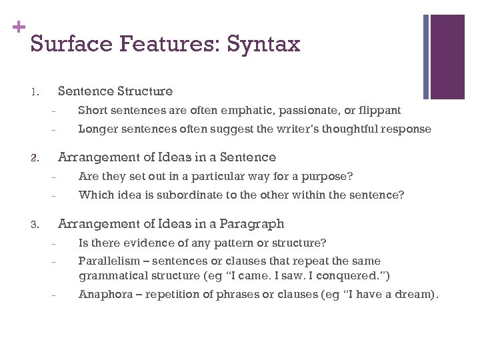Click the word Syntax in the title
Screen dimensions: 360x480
(263, 44)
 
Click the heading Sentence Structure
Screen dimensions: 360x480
(115, 91)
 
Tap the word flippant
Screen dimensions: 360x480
(377, 110)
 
